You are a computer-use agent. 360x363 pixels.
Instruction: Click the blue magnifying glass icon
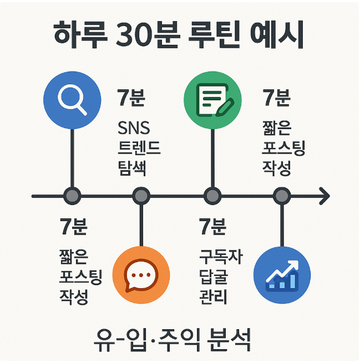point(73,100)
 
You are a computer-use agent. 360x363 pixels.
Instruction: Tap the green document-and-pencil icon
point(212,100)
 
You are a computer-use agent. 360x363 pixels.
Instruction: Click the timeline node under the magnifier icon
point(72,196)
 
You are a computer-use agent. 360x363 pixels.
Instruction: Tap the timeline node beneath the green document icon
point(211,196)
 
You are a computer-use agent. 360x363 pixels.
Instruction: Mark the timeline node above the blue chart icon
point(282,196)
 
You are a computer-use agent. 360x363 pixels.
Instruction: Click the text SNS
point(134,129)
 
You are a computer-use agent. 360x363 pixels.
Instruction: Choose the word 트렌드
point(139,148)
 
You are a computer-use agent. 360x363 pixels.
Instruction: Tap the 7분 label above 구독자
point(212,227)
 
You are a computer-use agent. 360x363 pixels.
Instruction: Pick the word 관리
point(214,296)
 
